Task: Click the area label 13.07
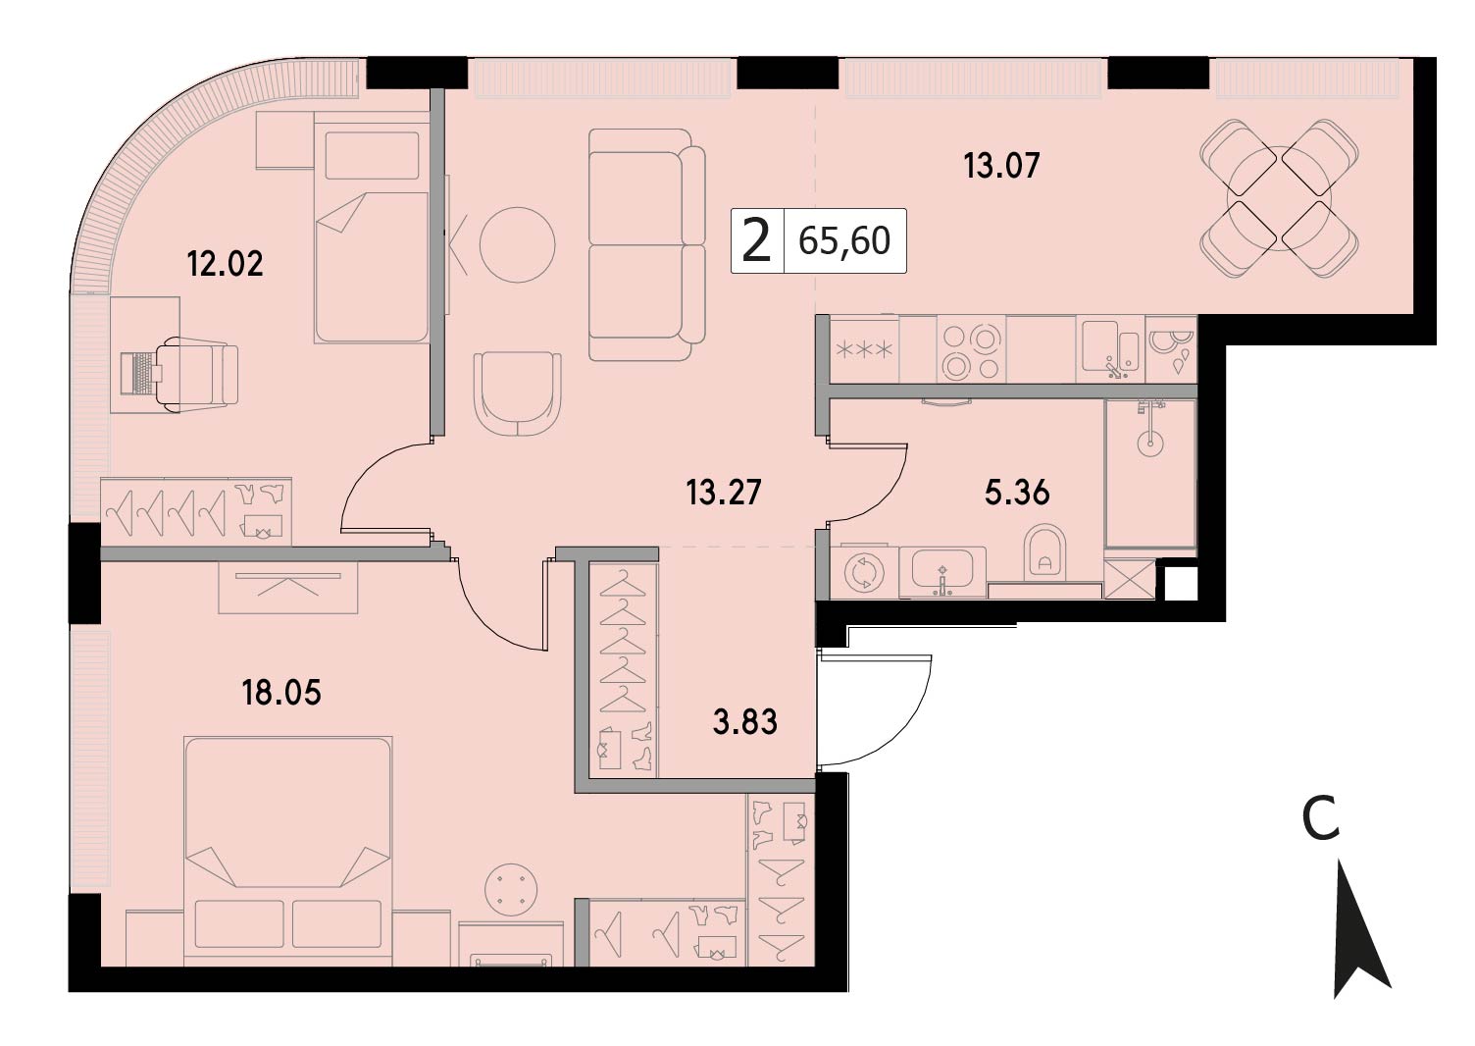click(x=1001, y=165)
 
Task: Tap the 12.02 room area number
click(x=226, y=264)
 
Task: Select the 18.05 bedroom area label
click(x=281, y=693)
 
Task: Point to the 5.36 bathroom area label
click(x=1017, y=492)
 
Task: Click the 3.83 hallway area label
click(x=744, y=721)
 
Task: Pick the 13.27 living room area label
click(x=724, y=492)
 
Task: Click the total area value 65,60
click(x=844, y=240)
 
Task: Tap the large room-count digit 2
click(x=756, y=240)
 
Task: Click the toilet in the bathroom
click(x=1045, y=552)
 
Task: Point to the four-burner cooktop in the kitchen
click(x=971, y=352)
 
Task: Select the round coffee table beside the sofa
click(x=517, y=245)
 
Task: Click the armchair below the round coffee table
click(x=517, y=393)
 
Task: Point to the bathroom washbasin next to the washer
click(x=942, y=570)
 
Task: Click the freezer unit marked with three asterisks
click(x=864, y=349)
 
